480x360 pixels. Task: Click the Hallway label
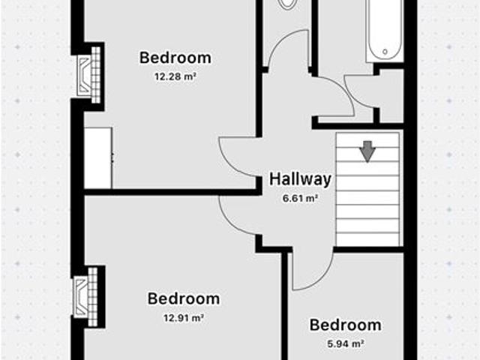tap(300, 179)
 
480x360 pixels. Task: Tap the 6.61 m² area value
tap(300, 198)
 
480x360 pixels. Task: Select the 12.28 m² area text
tap(175, 76)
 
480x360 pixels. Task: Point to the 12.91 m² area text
tap(184, 318)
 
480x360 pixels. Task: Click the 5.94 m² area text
tap(346, 343)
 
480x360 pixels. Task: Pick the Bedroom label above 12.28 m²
tap(175, 58)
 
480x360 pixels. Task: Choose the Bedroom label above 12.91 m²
tap(184, 298)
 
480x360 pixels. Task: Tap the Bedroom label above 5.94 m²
tap(346, 325)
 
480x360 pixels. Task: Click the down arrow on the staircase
tap(367, 151)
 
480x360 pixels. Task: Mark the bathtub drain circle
tap(385, 52)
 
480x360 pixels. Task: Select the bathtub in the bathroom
tap(384, 31)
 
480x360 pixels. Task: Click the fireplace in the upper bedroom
tap(88, 75)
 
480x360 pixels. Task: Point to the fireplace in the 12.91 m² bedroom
tap(85, 297)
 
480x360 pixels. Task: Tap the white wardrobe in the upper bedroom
tap(98, 158)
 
